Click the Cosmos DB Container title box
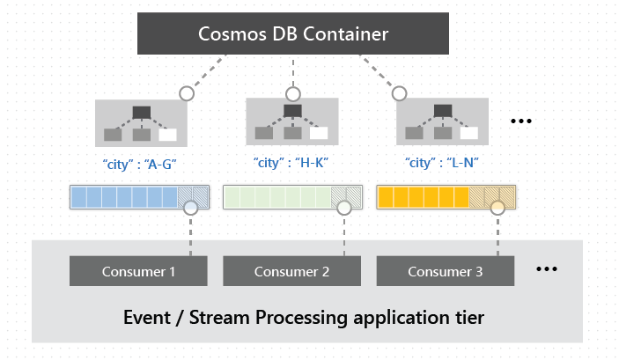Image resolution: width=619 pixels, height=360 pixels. click(x=293, y=34)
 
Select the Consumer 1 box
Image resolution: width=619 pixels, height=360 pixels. click(x=138, y=271)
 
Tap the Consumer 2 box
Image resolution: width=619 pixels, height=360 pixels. click(x=291, y=271)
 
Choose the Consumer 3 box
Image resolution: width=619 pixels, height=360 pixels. click(x=445, y=271)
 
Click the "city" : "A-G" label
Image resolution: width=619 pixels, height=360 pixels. click(x=141, y=163)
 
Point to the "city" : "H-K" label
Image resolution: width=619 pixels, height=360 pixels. click(x=292, y=163)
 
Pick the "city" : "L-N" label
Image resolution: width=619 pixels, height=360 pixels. click(x=444, y=163)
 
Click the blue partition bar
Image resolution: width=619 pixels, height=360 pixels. click(x=129, y=196)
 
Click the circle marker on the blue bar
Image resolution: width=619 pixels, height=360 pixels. click(x=191, y=208)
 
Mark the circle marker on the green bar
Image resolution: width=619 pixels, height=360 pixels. click(x=344, y=208)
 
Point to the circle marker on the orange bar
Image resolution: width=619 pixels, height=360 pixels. click(x=497, y=208)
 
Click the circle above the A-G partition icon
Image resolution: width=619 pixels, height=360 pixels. click(x=186, y=92)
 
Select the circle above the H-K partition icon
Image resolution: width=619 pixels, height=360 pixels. click(x=292, y=92)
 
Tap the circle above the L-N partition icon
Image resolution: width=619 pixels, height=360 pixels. click(x=399, y=92)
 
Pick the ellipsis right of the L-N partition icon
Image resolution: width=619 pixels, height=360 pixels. click(x=523, y=121)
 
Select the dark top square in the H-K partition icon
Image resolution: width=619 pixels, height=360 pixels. click(x=292, y=112)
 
